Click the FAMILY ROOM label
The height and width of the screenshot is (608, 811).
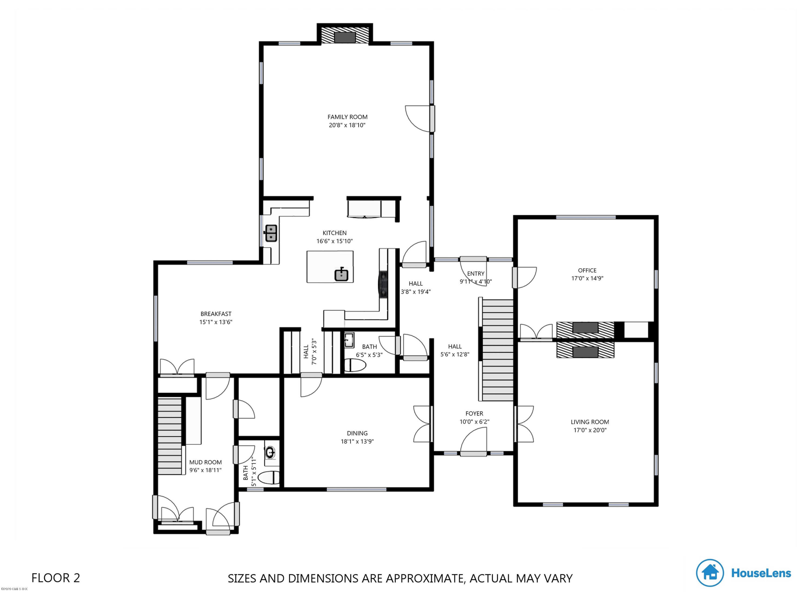click(347, 117)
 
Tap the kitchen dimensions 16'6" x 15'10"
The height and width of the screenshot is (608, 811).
click(334, 241)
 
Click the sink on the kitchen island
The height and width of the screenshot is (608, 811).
click(341, 275)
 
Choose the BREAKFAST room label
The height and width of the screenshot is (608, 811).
click(216, 314)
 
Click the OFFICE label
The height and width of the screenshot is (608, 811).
click(587, 270)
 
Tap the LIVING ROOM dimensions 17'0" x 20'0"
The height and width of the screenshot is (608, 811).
click(590, 430)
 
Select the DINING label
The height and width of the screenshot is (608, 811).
click(357, 433)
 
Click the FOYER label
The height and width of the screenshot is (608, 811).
click(474, 413)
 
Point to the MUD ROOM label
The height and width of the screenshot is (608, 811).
click(205, 462)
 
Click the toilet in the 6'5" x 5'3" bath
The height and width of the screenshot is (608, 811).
click(355, 365)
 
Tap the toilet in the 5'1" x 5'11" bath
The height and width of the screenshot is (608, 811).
click(269, 478)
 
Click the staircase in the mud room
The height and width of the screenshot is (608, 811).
click(170, 436)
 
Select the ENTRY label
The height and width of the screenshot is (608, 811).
click(476, 273)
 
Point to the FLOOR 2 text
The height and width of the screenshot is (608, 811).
click(56, 578)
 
